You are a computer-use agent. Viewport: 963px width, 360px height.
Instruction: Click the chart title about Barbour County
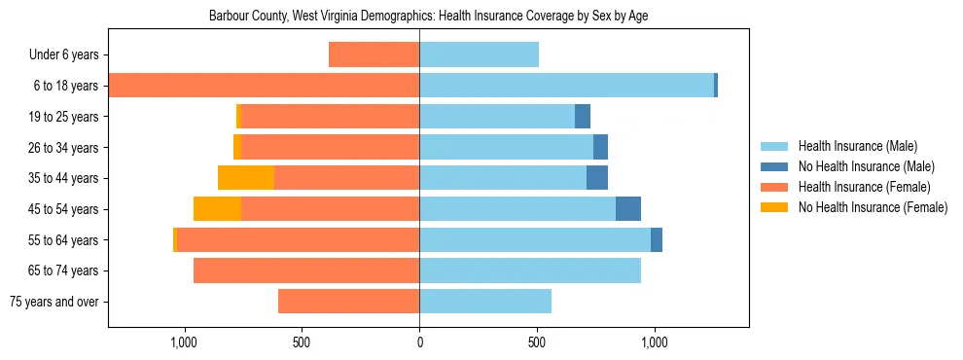(x=429, y=16)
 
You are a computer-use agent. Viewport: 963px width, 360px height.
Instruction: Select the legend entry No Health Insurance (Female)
(x=873, y=207)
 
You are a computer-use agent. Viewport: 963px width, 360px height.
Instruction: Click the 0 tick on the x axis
(x=419, y=342)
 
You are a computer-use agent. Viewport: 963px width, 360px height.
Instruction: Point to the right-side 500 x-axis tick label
(x=537, y=342)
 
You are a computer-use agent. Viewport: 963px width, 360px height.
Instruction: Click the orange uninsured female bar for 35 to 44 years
(x=246, y=178)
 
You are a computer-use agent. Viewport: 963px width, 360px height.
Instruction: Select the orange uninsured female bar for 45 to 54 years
(x=217, y=209)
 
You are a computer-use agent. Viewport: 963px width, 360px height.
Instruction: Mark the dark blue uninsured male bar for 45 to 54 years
(x=628, y=209)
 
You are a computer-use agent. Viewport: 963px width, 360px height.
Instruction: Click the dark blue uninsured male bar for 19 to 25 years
(x=583, y=117)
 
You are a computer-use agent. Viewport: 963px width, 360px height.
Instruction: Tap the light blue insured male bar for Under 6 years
(x=479, y=55)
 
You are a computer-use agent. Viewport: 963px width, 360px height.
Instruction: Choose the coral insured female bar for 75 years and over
(x=348, y=302)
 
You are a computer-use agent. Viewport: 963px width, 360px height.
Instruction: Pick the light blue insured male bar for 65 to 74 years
(x=530, y=270)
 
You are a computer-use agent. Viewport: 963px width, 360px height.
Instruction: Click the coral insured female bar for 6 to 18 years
(x=264, y=86)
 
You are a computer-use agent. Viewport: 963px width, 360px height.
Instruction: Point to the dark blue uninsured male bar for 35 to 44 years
(x=597, y=178)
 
